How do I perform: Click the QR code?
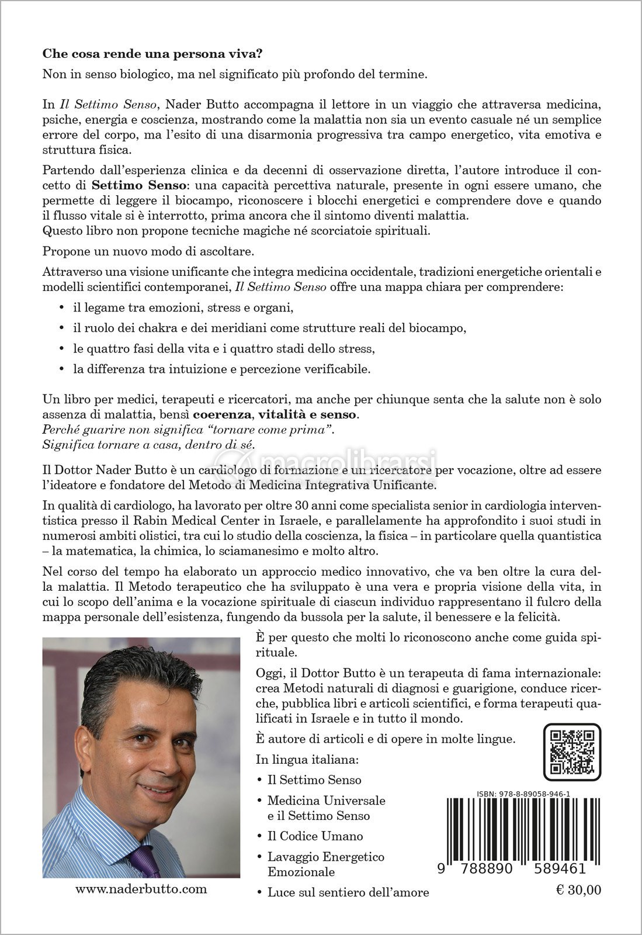(x=572, y=752)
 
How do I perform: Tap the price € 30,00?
(x=575, y=891)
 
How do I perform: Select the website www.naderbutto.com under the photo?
(x=141, y=889)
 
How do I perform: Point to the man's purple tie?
(x=143, y=861)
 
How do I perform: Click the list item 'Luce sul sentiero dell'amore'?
(x=348, y=892)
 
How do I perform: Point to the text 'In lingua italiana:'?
(x=307, y=760)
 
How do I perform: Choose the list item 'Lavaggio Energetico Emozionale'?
(x=325, y=864)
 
